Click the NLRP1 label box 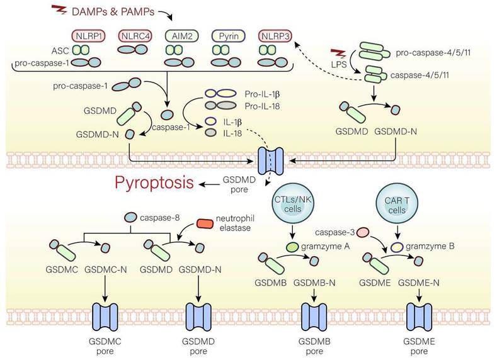click(x=91, y=35)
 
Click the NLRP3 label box click(x=275, y=35)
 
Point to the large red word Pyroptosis click(x=154, y=184)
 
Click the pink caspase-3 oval click(x=363, y=233)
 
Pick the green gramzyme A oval click(x=292, y=247)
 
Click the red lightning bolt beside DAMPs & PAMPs click(x=59, y=11)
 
